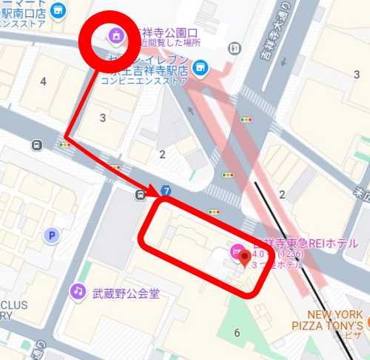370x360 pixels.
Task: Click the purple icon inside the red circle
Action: tap(116, 34)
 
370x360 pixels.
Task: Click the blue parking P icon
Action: tap(51, 236)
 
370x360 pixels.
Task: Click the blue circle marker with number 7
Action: tap(167, 191)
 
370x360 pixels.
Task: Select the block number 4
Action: tap(43, 80)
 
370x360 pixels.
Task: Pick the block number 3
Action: tap(102, 118)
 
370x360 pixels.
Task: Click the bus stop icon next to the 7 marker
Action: tap(141, 195)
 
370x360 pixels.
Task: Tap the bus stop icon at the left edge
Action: tap(36, 145)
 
